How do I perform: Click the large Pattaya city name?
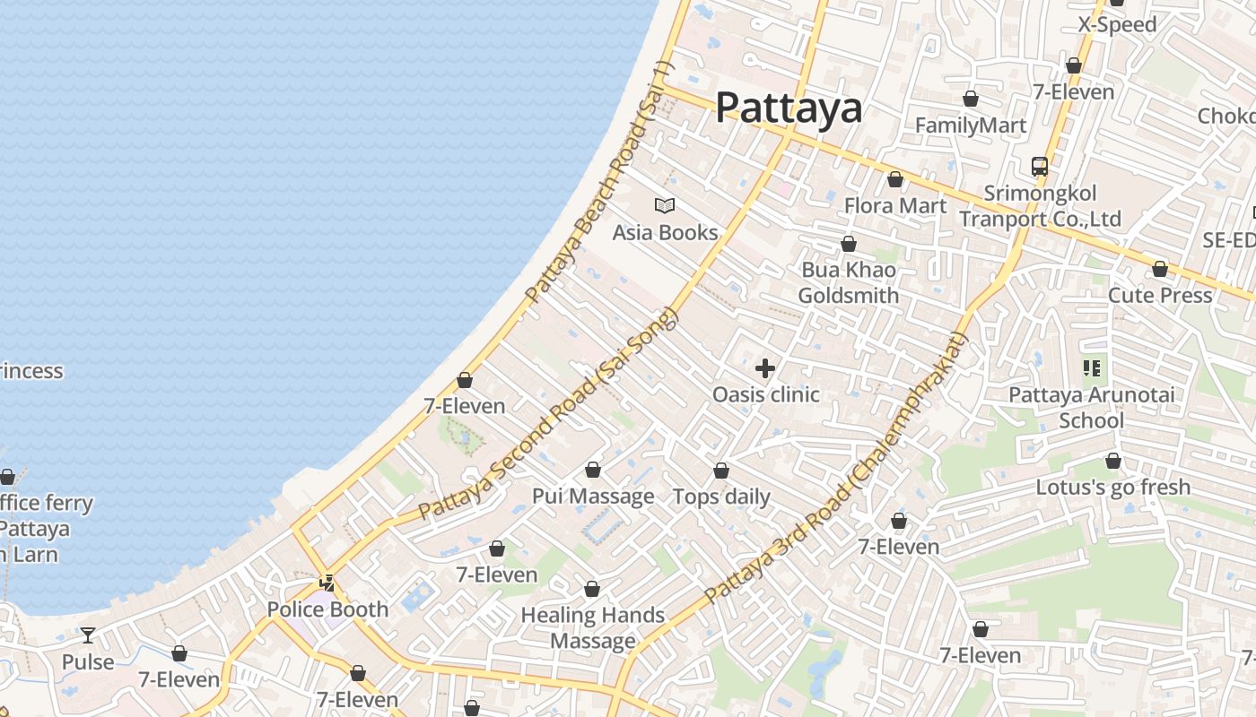pyautogui.click(x=789, y=108)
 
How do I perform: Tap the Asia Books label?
pyautogui.click(x=665, y=233)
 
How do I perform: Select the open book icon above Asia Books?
pyautogui.click(x=665, y=205)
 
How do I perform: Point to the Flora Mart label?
pyautogui.click(x=894, y=206)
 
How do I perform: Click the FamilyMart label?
pyautogui.click(x=970, y=125)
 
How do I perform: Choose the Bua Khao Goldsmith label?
pyautogui.click(x=848, y=283)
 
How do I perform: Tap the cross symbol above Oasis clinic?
pyautogui.click(x=765, y=368)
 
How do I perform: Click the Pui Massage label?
pyautogui.click(x=593, y=497)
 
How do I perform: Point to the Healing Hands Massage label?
pyautogui.click(x=592, y=628)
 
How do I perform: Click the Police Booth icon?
pyautogui.click(x=327, y=583)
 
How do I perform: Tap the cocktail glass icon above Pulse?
pyautogui.click(x=87, y=635)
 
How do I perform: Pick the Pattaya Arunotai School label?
pyautogui.click(x=1091, y=408)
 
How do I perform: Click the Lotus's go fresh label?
pyautogui.click(x=1112, y=488)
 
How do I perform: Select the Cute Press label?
pyautogui.click(x=1159, y=296)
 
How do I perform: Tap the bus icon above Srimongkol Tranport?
pyautogui.click(x=1039, y=167)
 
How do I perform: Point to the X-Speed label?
pyautogui.click(x=1117, y=25)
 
